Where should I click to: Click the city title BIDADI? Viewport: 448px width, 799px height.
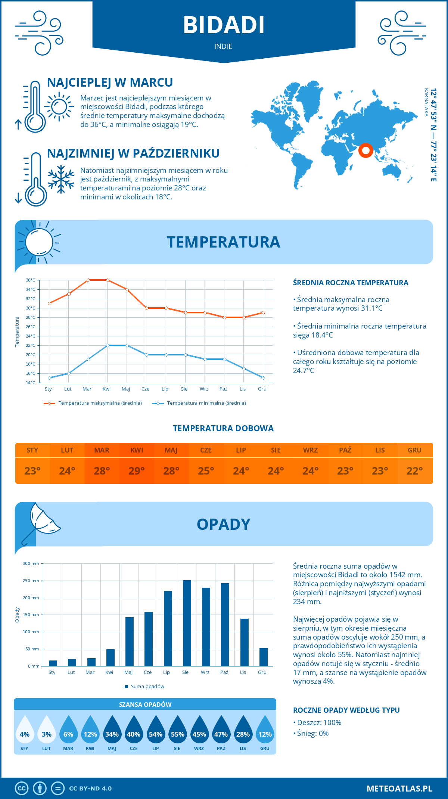click(224, 25)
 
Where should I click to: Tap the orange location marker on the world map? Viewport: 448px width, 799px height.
click(365, 150)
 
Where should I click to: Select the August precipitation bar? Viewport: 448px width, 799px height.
click(187, 623)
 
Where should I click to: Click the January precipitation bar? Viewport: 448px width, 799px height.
click(53, 663)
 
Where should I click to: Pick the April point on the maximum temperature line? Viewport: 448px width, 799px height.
click(108, 280)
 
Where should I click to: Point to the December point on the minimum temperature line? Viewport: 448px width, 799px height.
click(263, 378)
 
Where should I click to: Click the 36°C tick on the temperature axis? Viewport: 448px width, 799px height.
click(31, 280)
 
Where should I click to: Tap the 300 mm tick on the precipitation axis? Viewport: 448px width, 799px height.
click(31, 563)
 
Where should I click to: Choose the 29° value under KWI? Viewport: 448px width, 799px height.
click(137, 471)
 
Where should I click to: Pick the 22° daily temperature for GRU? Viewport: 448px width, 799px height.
click(414, 471)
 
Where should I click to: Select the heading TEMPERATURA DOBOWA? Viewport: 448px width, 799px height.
click(223, 428)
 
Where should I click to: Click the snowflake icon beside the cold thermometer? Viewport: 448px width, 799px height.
click(61, 179)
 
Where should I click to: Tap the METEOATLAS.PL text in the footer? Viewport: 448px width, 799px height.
click(399, 789)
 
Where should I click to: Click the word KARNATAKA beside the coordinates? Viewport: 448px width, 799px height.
click(426, 102)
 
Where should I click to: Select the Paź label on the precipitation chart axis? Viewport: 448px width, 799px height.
click(224, 672)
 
